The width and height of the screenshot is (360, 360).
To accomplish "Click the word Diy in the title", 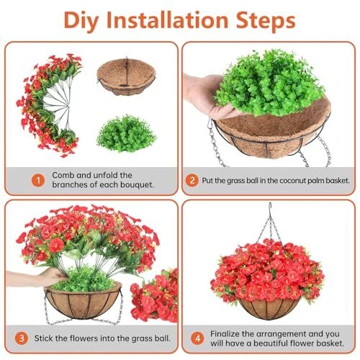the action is tap(81, 21).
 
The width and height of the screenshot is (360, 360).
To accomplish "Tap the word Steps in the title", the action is tap(266, 21).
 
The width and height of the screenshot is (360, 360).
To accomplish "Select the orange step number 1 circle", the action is tap(38, 180).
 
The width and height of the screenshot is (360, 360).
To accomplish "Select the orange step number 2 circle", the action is tap(192, 180).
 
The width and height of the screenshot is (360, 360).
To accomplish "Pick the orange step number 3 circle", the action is tap(22, 338).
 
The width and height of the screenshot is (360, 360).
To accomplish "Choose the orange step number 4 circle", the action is tap(197, 338).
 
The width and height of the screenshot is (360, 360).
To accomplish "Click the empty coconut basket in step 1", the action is tap(126, 76).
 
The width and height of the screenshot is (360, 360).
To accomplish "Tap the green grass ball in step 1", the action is tap(126, 133).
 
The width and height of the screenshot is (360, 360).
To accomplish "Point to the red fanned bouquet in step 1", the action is tap(49, 104).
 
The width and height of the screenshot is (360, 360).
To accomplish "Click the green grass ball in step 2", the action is tap(270, 83).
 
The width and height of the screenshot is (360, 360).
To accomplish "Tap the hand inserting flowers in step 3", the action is tap(36, 279).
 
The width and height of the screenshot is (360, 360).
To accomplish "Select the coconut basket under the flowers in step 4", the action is tap(269, 308).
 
